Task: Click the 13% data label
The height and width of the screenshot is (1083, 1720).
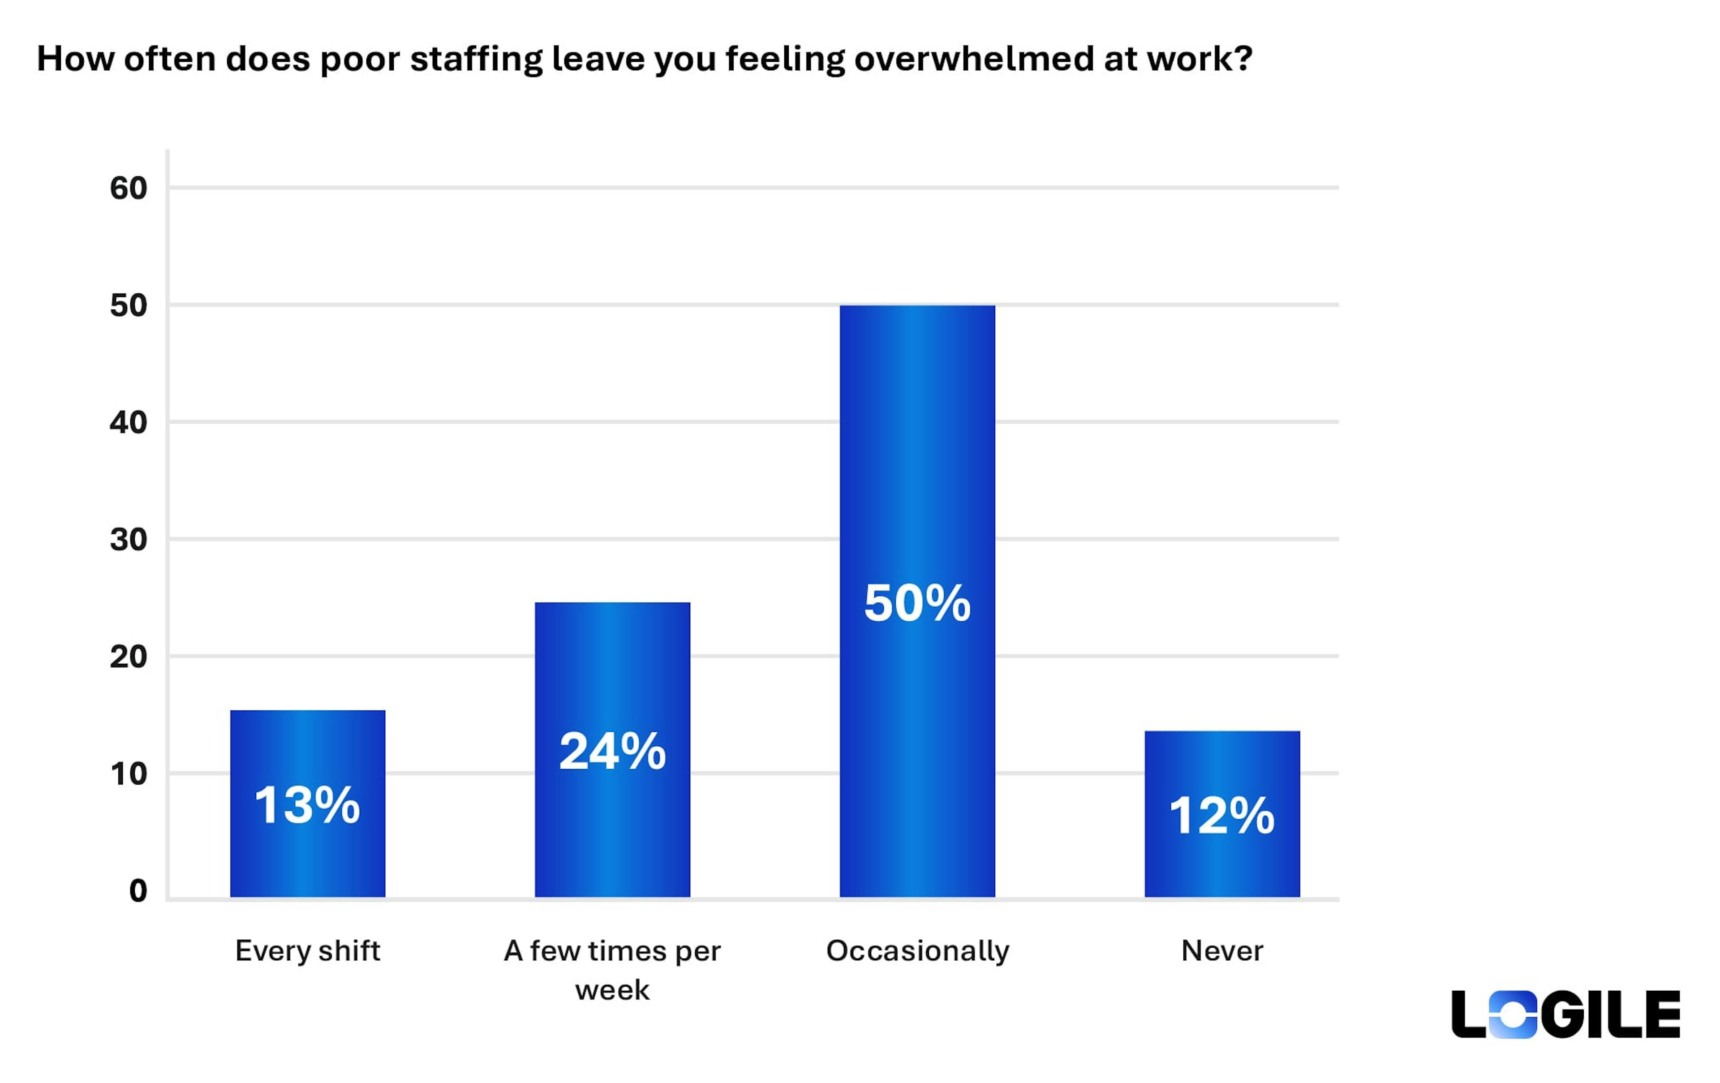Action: click(x=307, y=805)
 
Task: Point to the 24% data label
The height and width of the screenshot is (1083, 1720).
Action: click(x=612, y=752)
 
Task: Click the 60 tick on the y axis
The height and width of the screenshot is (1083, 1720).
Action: click(x=129, y=189)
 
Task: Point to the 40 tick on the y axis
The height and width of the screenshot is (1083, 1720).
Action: click(x=129, y=423)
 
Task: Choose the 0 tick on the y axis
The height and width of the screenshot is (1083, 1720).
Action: click(x=138, y=891)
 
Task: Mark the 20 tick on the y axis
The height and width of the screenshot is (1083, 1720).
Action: click(x=129, y=657)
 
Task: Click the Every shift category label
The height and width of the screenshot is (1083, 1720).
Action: click(x=307, y=951)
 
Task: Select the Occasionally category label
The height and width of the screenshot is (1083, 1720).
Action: click(x=917, y=951)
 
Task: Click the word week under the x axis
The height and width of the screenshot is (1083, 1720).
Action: click(x=612, y=990)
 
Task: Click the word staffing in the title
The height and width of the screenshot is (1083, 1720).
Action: click(x=476, y=59)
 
